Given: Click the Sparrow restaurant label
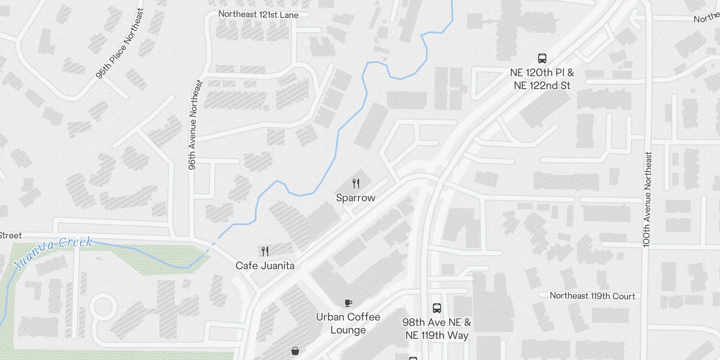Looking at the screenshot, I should point(355,198).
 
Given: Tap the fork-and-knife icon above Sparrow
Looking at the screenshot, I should point(356,184).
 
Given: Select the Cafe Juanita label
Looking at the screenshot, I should point(265,265).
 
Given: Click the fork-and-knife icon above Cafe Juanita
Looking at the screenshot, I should point(265,252).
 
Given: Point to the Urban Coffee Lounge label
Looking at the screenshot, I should point(348,323).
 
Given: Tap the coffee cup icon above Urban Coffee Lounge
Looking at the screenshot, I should point(348,303).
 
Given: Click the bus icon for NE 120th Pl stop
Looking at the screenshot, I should point(542,58).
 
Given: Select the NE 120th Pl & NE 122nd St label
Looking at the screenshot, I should point(542,79).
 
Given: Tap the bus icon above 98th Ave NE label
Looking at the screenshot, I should point(436,308).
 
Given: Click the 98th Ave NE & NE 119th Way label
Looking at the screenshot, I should point(436,329).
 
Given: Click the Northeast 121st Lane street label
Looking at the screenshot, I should point(258,14).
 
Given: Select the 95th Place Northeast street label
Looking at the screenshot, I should point(120,44).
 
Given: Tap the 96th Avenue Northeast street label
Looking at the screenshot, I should point(193,125).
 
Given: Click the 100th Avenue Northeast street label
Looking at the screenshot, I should point(647,199).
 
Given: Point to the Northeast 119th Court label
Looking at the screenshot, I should point(592,296).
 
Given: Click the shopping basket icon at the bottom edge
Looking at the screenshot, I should point(295,351).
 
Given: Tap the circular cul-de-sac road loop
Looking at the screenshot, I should point(103,308).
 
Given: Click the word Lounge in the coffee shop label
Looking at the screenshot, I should point(348,330).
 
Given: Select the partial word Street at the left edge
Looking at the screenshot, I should point(10,235).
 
